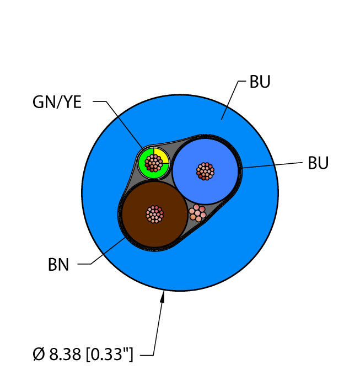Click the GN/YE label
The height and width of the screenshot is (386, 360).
click(x=57, y=102)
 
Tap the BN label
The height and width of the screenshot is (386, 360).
click(x=58, y=265)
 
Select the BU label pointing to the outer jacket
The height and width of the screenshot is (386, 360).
click(x=260, y=82)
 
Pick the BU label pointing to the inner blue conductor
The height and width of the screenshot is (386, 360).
click(x=318, y=163)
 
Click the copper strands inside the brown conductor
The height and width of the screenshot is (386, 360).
click(x=155, y=214)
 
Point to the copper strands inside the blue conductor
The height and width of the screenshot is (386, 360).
click(x=205, y=171)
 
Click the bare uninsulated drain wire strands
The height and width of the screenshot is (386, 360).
click(x=197, y=212)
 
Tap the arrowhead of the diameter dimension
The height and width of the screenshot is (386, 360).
click(x=163, y=297)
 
